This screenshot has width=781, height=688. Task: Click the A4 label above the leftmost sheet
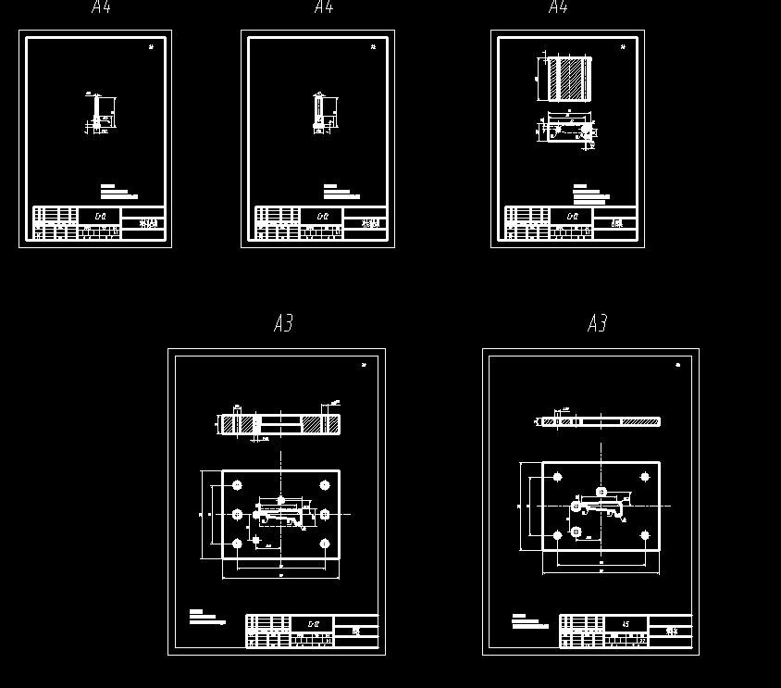(x=102, y=8)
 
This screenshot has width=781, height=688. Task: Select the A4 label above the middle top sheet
(x=323, y=8)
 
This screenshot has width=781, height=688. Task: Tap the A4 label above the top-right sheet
(x=558, y=8)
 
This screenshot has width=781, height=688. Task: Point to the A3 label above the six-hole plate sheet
(x=283, y=323)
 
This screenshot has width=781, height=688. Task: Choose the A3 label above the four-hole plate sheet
(x=597, y=323)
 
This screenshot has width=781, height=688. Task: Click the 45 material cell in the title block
(x=626, y=624)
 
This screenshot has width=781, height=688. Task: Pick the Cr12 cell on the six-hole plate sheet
(x=313, y=624)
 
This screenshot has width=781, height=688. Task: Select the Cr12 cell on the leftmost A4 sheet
(x=101, y=217)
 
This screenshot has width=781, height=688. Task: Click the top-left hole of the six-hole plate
(x=237, y=485)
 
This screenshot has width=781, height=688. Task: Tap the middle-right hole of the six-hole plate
(x=325, y=514)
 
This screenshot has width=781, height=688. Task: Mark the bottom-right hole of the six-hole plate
(x=325, y=544)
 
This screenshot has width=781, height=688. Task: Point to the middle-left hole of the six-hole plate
(x=237, y=514)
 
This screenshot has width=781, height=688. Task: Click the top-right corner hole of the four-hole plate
(x=645, y=478)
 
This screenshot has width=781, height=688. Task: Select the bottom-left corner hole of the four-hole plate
(x=557, y=535)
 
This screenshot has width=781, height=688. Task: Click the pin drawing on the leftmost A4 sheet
(x=97, y=114)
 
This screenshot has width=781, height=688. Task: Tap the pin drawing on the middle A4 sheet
(x=319, y=112)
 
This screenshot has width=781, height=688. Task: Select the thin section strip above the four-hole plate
(x=601, y=422)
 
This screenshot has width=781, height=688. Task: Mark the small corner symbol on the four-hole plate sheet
(x=677, y=365)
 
